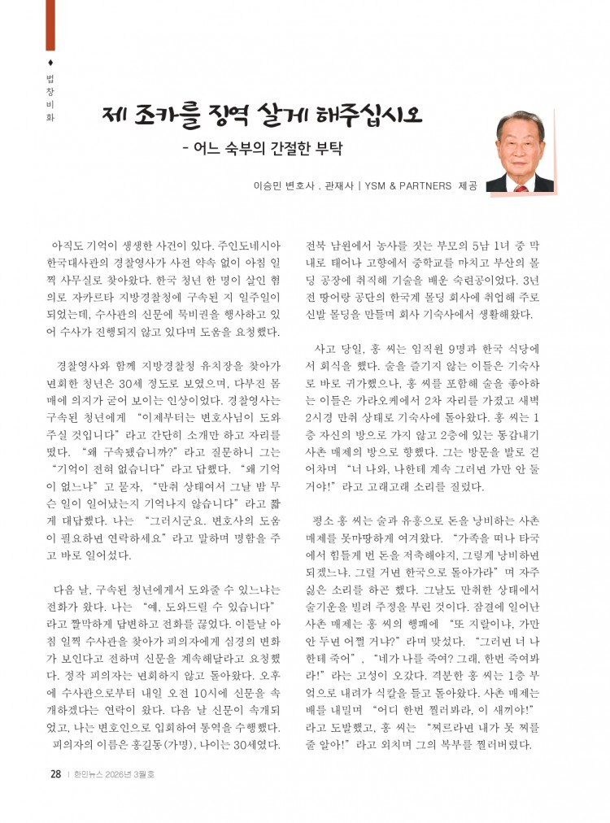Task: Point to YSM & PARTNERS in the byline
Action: click(x=403, y=186)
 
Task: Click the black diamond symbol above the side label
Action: click(x=51, y=63)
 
